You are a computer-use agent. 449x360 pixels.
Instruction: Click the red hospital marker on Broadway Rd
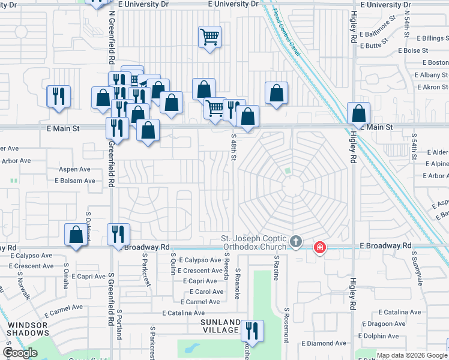coord(320,247)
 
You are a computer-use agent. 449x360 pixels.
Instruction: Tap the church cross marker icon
coord(295,242)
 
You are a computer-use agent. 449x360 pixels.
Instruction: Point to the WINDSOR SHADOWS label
coord(28,330)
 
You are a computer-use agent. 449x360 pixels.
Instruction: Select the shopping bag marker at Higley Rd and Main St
coord(358,112)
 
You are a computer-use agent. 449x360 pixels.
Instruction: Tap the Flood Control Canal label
coord(287,33)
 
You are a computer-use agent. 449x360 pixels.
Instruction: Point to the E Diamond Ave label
coord(324,344)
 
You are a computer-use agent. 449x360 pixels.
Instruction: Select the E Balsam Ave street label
coord(75,181)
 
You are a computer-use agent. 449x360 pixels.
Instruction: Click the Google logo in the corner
coord(21,353)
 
